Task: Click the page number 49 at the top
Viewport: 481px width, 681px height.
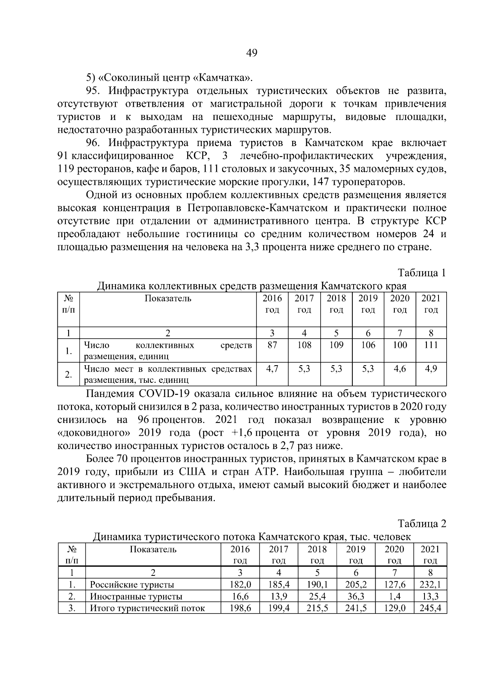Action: point(251,53)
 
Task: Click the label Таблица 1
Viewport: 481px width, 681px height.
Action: point(422,273)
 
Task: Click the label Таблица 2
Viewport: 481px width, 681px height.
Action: point(422,524)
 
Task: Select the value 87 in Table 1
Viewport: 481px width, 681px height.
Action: point(272,345)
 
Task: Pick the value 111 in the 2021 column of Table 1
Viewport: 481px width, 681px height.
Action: point(431,345)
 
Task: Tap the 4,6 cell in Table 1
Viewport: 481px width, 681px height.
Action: point(400,368)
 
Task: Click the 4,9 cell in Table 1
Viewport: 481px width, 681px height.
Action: point(431,368)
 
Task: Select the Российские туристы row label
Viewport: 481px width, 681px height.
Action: point(132,585)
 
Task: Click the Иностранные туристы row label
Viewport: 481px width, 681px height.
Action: point(136,596)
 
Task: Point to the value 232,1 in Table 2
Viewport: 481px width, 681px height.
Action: point(430,585)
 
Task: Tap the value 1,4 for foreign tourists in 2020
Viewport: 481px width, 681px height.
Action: point(394,596)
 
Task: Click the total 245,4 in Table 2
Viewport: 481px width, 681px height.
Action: point(430,608)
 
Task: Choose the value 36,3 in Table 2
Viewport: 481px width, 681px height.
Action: point(356,596)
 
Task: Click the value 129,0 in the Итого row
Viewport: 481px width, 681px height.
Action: point(394,608)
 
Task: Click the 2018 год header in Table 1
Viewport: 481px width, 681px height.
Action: point(336,304)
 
